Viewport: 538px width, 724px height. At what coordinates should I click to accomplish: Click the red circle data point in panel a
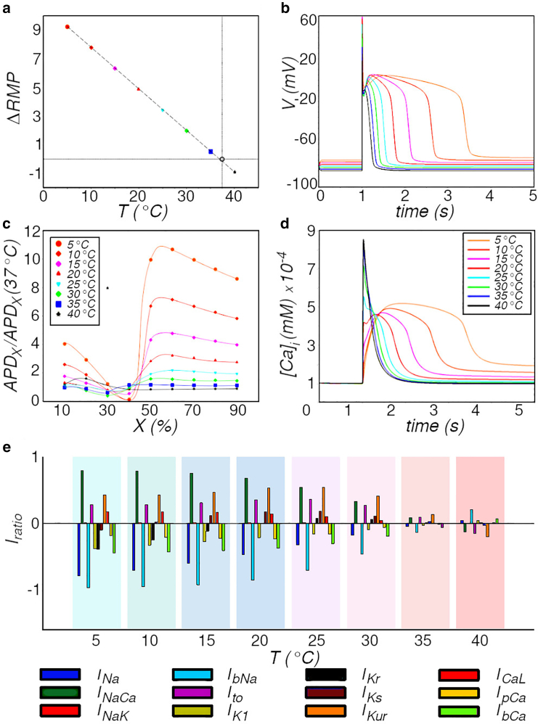tap(67, 27)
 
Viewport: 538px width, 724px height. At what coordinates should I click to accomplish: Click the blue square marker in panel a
tap(211, 152)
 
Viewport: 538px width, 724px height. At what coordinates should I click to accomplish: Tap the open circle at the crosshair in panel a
tap(222, 159)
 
